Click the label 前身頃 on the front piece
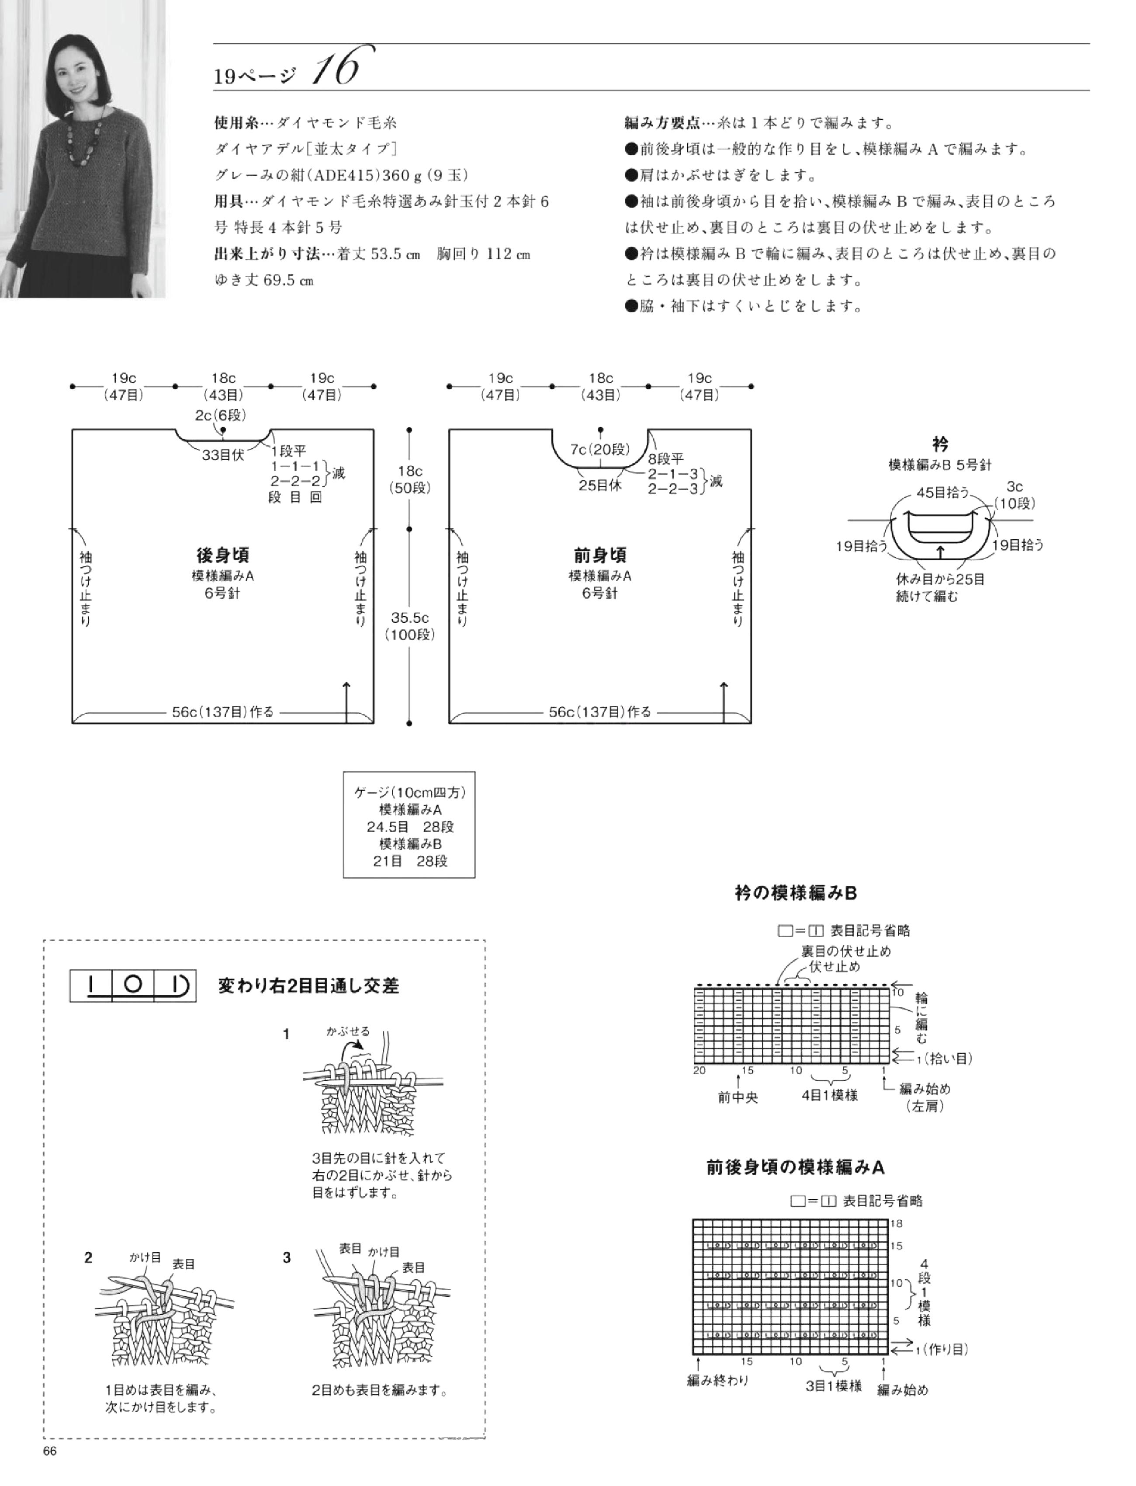click(x=600, y=556)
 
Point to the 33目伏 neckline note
click(x=223, y=456)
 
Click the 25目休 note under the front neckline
click(x=600, y=485)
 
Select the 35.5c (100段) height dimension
click(x=410, y=625)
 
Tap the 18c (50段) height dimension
click(x=410, y=479)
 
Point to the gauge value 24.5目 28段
click(x=410, y=826)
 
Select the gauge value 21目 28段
click(x=410, y=861)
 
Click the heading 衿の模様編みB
click(x=796, y=893)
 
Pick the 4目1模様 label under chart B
click(x=830, y=1095)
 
